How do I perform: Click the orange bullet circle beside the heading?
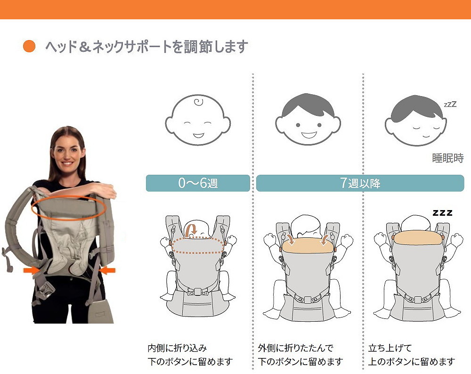[x=29, y=46]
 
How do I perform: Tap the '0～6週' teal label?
[x=198, y=183]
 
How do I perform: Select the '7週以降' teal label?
[x=360, y=183]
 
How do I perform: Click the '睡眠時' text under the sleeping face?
[x=447, y=158]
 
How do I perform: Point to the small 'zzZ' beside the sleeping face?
[x=450, y=104]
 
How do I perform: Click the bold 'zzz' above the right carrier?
[x=442, y=213]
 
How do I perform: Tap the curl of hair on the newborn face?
[x=198, y=102]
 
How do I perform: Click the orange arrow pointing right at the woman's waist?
[x=32, y=270]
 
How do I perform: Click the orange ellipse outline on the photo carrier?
[x=68, y=196]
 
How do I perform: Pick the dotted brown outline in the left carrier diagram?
[x=197, y=238]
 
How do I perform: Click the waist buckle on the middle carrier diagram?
[x=307, y=299]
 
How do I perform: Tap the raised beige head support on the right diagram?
[x=417, y=237]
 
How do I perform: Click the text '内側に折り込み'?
[x=177, y=348]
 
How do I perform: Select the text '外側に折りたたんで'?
[x=296, y=348]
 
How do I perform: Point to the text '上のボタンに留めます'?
[x=411, y=361]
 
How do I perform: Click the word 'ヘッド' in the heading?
[x=61, y=47]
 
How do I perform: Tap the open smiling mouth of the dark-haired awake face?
[x=309, y=135]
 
